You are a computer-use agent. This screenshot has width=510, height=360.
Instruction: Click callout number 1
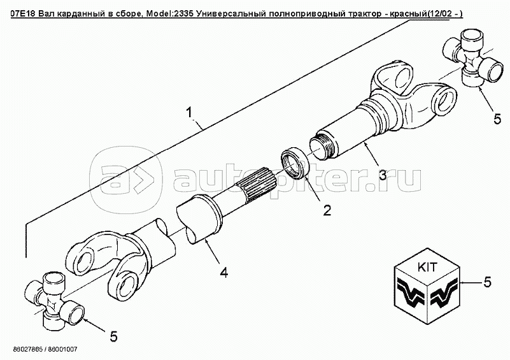click(x=189, y=113)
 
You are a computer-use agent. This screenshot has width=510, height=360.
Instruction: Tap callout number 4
click(x=224, y=271)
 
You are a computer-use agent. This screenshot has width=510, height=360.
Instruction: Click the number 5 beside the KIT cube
click(x=488, y=282)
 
